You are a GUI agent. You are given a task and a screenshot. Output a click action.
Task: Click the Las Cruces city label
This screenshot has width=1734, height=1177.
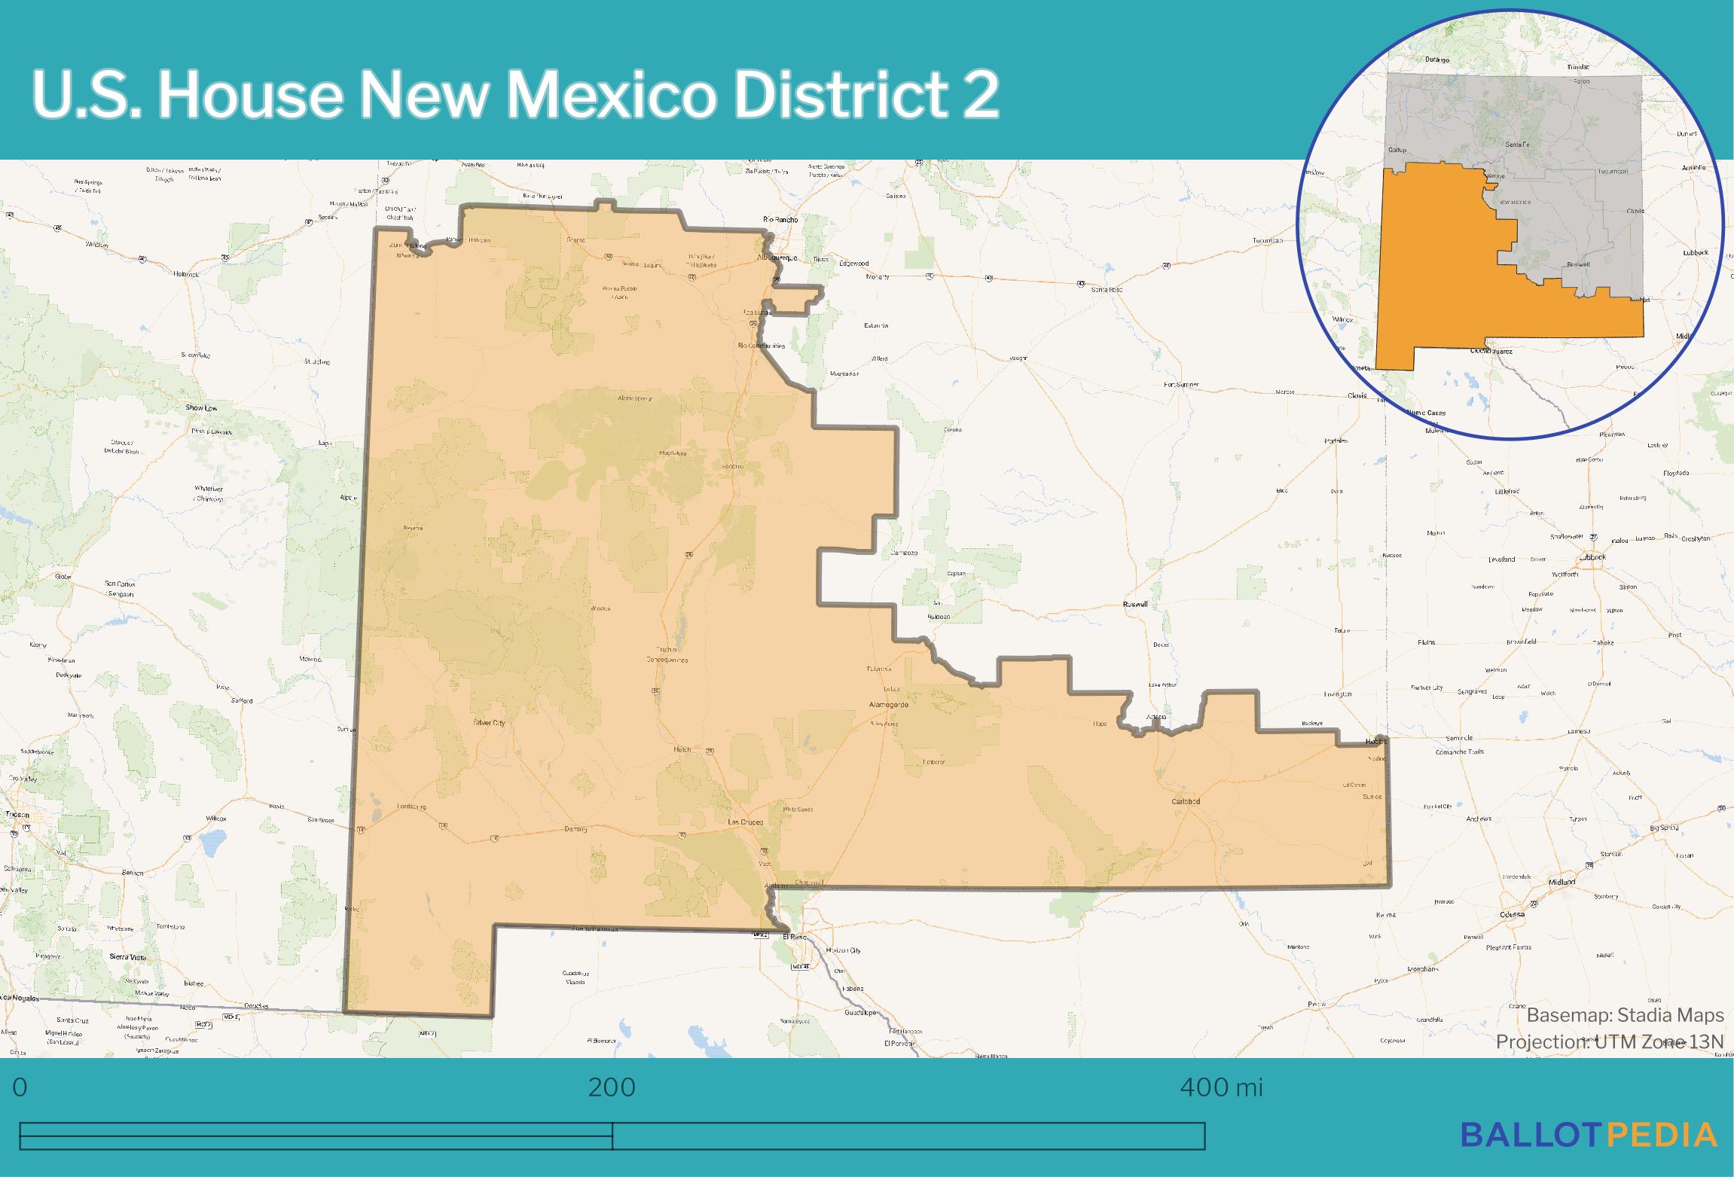click(x=745, y=822)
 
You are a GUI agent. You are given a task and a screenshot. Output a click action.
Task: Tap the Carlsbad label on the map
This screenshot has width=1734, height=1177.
click(x=1186, y=801)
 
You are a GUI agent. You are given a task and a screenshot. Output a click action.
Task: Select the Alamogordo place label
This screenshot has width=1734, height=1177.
click(x=889, y=705)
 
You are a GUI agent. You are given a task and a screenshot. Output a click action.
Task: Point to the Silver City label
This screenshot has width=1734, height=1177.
click(x=489, y=723)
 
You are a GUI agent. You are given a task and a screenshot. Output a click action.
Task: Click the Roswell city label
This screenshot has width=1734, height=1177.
click(x=1135, y=604)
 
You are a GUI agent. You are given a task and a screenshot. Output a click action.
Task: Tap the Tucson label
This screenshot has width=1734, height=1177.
click(x=17, y=815)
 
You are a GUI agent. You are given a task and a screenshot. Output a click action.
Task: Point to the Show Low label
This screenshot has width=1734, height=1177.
click(x=201, y=408)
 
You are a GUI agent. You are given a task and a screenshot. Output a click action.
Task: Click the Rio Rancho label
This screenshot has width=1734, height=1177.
click(x=780, y=220)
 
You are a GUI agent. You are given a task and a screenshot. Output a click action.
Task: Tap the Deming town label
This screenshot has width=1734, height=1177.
click(x=575, y=828)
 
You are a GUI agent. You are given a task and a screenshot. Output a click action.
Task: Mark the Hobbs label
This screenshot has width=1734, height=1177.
click(x=1376, y=742)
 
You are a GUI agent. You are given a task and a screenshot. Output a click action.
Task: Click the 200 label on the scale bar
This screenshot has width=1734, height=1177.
click(x=612, y=1087)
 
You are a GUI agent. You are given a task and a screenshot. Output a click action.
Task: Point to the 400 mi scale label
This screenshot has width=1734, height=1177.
click(x=1221, y=1087)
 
